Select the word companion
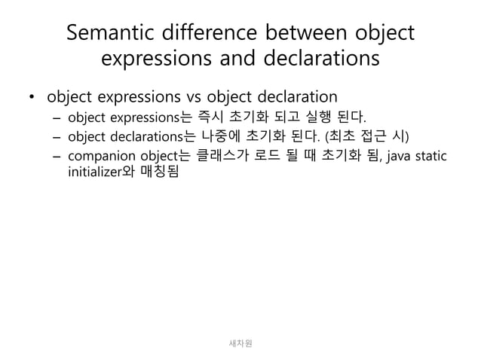[97, 156]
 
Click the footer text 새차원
[240, 343]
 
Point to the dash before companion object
[57, 156]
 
